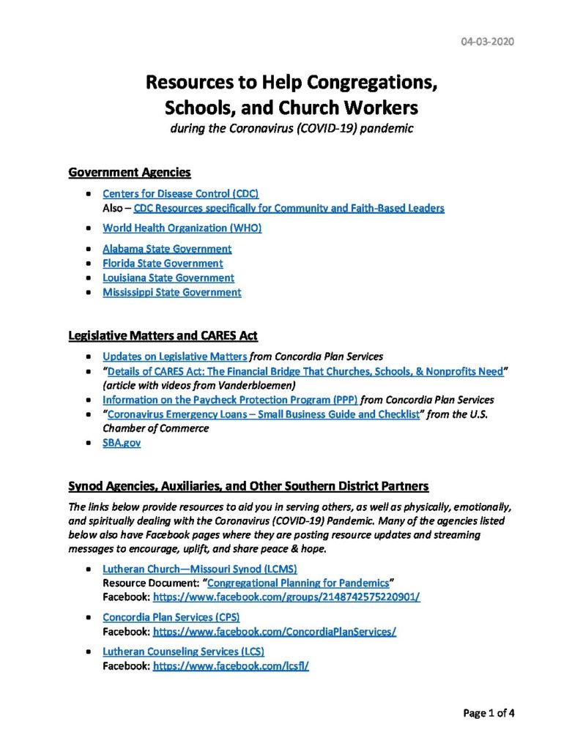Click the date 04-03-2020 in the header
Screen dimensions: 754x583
(487, 41)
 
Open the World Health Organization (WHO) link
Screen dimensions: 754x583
(182, 228)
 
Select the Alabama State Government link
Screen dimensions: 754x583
(167, 248)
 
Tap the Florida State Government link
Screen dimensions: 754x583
(163, 263)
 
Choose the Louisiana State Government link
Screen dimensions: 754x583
(168, 277)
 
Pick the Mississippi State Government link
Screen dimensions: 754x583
(171, 292)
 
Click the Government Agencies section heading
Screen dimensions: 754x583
(130, 173)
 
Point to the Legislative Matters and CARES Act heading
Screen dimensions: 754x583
(163, 336)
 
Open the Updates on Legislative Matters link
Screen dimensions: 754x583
(175, 357)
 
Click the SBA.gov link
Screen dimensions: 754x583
(121, 443)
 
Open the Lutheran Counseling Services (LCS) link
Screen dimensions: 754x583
(183, 651)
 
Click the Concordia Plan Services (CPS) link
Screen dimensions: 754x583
(179, 617)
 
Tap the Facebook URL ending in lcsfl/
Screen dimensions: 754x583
(231, 666)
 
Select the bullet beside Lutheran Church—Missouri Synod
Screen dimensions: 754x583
(89, 569)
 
